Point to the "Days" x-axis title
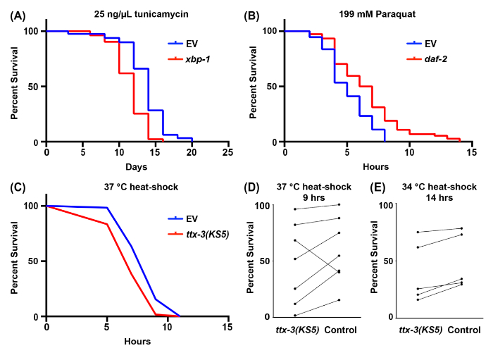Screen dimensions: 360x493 [137, 167]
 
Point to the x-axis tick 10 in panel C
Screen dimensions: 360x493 [167, 326]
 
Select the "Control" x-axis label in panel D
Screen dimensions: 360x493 [341, 330]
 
